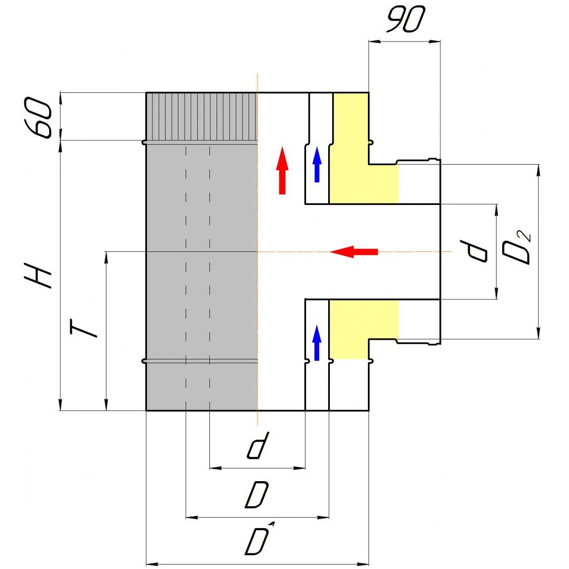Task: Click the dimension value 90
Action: coord(405,19)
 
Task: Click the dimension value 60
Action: coord(38,117)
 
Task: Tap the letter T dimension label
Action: coord(83,329)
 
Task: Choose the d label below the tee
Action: coord(258,445)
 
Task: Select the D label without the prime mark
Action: coord(256,494)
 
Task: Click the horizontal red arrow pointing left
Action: coord(354,251)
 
